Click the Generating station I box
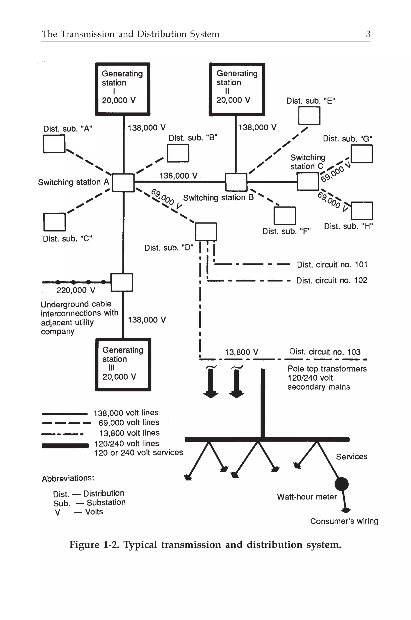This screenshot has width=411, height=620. (122, 89)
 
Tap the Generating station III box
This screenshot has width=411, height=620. (123, 365)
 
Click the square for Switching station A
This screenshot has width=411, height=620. (123, 183)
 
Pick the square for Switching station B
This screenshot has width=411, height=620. (236, 182)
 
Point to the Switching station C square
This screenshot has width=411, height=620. (308, 181)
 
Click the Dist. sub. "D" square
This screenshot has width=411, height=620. (206, 232)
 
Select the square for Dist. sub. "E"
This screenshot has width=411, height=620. (309, 116)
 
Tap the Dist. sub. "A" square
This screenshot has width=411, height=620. (54, 144)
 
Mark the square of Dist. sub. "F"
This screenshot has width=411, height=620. (285, 216)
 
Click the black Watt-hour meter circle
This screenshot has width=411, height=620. (342, 484)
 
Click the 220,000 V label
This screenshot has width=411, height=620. (75, 290)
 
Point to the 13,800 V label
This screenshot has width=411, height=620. (241, 352)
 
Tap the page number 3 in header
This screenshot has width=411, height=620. (368, 34)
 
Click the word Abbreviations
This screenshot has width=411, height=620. (68, 478)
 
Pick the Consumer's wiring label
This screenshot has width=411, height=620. (344, 521)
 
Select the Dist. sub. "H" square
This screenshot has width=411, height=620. (362, 211)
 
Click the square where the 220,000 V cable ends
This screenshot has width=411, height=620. (122, 282)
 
